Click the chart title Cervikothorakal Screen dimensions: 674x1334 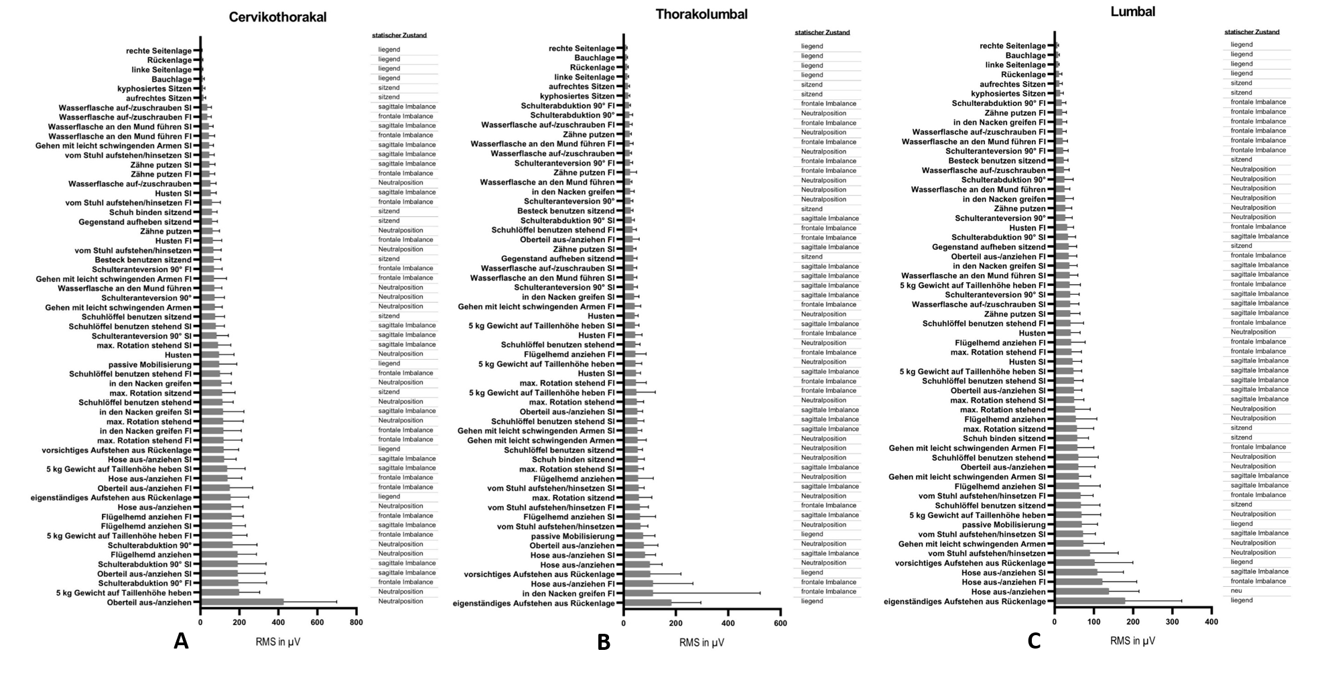coord(277,17)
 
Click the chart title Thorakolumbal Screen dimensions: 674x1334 coord(702,14)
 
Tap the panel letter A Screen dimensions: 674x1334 coord(181,641)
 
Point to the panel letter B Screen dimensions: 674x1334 coord(603,643)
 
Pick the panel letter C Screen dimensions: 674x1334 coord(1034,641)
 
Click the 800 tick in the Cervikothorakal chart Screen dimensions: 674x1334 coord(356,622)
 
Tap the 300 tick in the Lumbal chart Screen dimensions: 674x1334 coord(1172,622)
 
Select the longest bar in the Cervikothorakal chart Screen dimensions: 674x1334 coord(242,602)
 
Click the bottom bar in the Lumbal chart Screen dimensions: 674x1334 coord(1089,602)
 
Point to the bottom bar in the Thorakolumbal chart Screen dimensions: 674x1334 coord(647,603)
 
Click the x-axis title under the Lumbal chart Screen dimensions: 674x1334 coord(1132,641)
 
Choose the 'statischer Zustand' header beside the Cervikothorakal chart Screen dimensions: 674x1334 coord(399,36)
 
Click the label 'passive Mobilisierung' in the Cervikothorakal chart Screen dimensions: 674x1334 coord(150,364)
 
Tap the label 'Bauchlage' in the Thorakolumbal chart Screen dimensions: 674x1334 coord(594,58)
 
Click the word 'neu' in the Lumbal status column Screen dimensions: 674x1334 coord(1236,592)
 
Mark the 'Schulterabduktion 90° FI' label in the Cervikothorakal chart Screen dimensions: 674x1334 coord(145,584)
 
